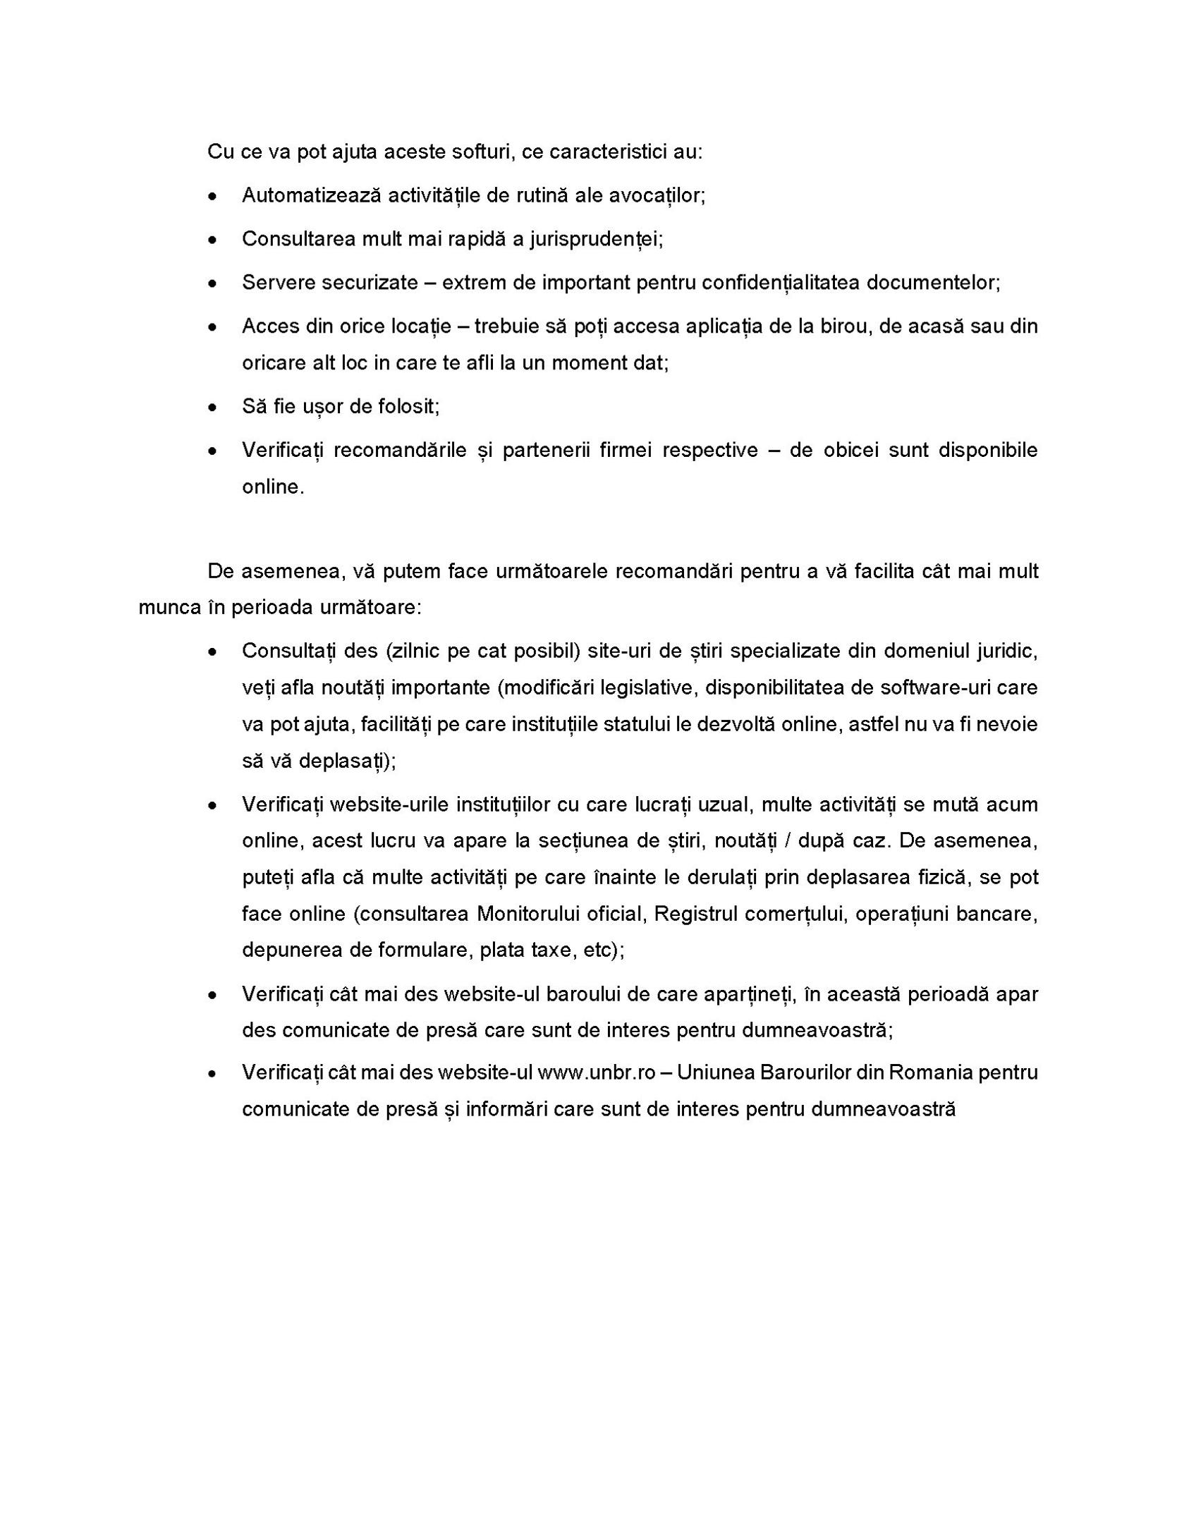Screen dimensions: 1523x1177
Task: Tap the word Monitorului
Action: [561, 915]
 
